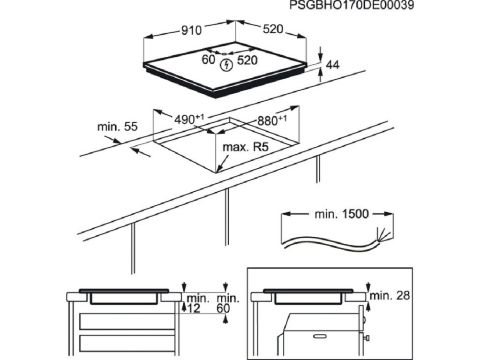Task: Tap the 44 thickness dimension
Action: pos(332,65)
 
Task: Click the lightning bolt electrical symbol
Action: pos(226,65)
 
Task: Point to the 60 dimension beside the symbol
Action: pos(208,60)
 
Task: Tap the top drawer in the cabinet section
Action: pos(127,322)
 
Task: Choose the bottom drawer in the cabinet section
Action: pos(127,346)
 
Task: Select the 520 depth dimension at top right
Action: pos(273,30)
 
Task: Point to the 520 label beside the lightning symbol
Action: pos(247,60)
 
